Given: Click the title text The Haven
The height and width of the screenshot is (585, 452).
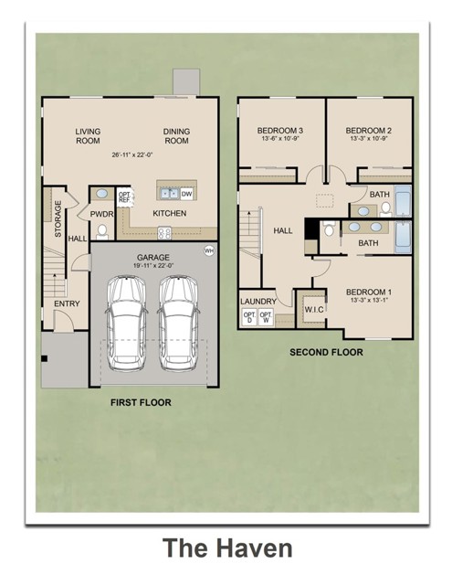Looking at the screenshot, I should coord(227,548).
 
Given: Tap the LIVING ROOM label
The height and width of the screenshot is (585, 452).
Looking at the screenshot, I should coord(88,136).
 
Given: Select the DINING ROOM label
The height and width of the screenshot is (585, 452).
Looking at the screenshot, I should coord(176,136).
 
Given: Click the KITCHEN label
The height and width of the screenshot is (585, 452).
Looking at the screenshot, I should coord(169,213).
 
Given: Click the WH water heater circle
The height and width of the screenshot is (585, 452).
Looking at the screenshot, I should coord(209,250).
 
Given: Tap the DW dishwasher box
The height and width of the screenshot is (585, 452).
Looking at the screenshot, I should coord(186,193).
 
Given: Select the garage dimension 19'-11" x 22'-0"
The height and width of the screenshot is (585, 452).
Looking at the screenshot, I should coord(152,268).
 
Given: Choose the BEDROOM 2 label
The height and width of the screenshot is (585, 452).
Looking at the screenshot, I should coord(371,131).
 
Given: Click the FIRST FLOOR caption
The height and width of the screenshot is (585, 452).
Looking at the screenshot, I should coord(141,402).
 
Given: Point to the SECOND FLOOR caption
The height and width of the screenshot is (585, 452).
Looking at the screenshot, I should coord(326,352).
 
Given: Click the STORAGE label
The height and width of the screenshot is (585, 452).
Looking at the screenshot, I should coord(58,219).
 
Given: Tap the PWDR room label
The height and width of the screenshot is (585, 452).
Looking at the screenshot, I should coord(101,214).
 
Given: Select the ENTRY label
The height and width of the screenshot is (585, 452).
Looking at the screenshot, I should coord(67,303).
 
